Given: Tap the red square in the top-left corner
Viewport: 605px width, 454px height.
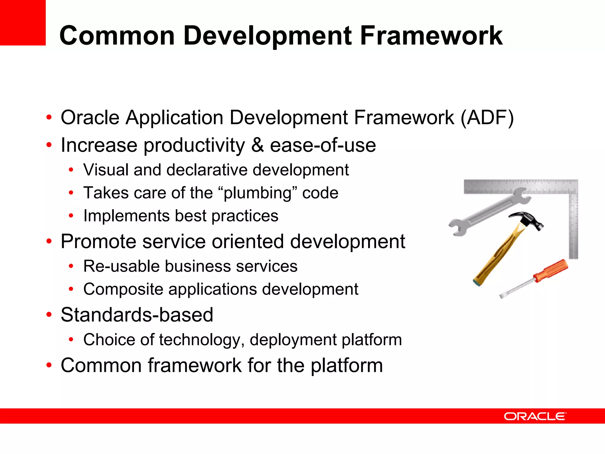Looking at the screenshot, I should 22,22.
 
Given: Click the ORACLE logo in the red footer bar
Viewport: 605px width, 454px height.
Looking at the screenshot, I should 535,416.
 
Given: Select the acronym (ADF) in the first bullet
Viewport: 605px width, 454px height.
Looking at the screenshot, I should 487,118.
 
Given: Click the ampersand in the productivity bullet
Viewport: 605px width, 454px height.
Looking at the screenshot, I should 258,145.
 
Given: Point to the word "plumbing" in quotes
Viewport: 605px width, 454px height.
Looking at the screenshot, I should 257,193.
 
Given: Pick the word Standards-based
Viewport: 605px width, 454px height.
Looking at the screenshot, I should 137,315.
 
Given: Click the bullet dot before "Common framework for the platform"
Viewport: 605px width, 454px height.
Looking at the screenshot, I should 49,365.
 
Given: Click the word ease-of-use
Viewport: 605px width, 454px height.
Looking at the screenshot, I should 323,145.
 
